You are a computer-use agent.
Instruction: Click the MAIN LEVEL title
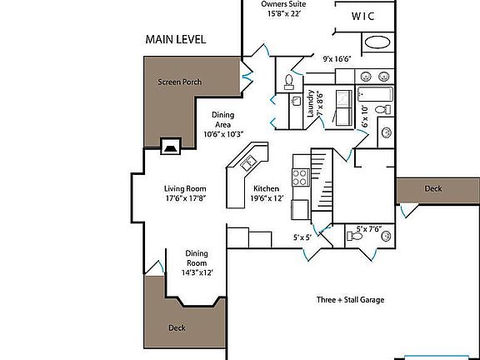point(175,39)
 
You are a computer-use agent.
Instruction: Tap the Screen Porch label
point(180,82)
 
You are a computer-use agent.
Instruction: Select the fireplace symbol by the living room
point(171,147)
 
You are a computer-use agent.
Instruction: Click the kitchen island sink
point(248,162)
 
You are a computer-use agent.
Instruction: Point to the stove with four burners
point(301,177)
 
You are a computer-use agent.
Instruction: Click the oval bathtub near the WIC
point(377,42)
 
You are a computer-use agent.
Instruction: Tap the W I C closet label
point(362,16)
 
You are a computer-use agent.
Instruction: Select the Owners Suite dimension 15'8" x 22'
point(285,14)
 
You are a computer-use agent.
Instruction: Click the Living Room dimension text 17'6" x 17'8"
point(186,198)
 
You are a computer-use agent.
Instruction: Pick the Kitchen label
point(266,188)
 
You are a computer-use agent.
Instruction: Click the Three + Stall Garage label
point(350,300)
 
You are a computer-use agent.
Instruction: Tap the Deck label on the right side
point(433,188)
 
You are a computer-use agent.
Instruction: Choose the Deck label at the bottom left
point(177,327)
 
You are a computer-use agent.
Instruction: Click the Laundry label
point(310,103)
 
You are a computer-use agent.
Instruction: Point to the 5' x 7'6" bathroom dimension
point(369,228)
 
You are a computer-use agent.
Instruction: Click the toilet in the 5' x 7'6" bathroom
point(355,236)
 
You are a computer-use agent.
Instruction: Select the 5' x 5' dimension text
point(302,237)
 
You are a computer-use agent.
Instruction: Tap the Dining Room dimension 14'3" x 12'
point(197,272)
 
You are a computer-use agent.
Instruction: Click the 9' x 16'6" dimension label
point(337,59)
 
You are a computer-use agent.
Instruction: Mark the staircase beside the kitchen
point(322,179)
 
